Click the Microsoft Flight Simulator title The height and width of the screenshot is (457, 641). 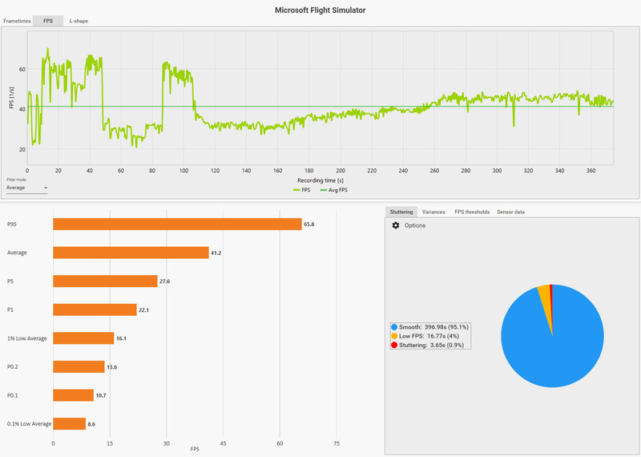tap(320, 10)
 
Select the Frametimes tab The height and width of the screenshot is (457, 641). tap(17, 21)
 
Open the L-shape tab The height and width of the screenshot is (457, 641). tap(79, 21)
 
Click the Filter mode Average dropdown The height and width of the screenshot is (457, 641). tap(26, 188)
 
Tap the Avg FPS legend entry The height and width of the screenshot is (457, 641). tap(335, 191)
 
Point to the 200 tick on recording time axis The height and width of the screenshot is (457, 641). tap(341, 170)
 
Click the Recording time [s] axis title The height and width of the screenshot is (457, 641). tap(320, 181)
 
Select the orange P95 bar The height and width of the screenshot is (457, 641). tap(177, 224)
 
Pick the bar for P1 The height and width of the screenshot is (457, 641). tap(95, 309)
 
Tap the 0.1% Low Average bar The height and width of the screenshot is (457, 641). tap(69, 423)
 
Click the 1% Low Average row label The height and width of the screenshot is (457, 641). tap(27, 338)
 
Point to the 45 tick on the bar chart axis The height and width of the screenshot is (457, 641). tap(223, 443)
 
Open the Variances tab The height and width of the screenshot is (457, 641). tap(433, 212)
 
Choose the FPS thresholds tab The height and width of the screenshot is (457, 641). tap(471, 212)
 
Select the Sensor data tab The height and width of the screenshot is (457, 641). tap(510, 212)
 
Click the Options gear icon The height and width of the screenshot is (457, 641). tap(395, 225)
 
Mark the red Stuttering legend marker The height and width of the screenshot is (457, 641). tap(393, 345)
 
